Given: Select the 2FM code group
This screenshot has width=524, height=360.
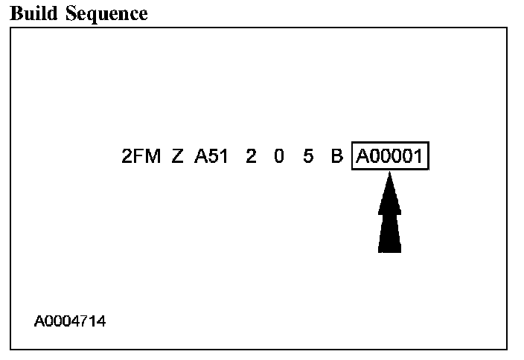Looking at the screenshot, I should [141, 158].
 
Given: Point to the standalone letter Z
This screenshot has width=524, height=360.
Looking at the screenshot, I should [177, 158].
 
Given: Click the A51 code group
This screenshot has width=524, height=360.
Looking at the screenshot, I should [211, 158].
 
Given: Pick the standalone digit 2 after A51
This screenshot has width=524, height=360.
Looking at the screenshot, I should [251, 158].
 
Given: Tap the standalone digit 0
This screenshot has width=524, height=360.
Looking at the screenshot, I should [278, 158].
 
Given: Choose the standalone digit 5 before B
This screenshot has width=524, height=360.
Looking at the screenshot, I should [308, 158].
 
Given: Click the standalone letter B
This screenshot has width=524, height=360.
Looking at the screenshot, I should [336, 158].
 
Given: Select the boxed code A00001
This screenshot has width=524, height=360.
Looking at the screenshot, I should [391, 158].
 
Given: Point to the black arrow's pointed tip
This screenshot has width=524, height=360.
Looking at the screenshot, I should [390, 175].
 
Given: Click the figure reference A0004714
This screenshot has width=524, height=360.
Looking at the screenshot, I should [70, 322].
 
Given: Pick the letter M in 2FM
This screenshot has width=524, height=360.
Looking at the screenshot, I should [153, 158].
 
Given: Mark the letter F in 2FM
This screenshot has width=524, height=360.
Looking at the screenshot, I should [139, 158].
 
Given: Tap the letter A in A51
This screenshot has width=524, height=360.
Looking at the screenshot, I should [200, 158].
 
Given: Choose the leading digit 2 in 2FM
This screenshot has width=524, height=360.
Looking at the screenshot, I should [127, 158].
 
